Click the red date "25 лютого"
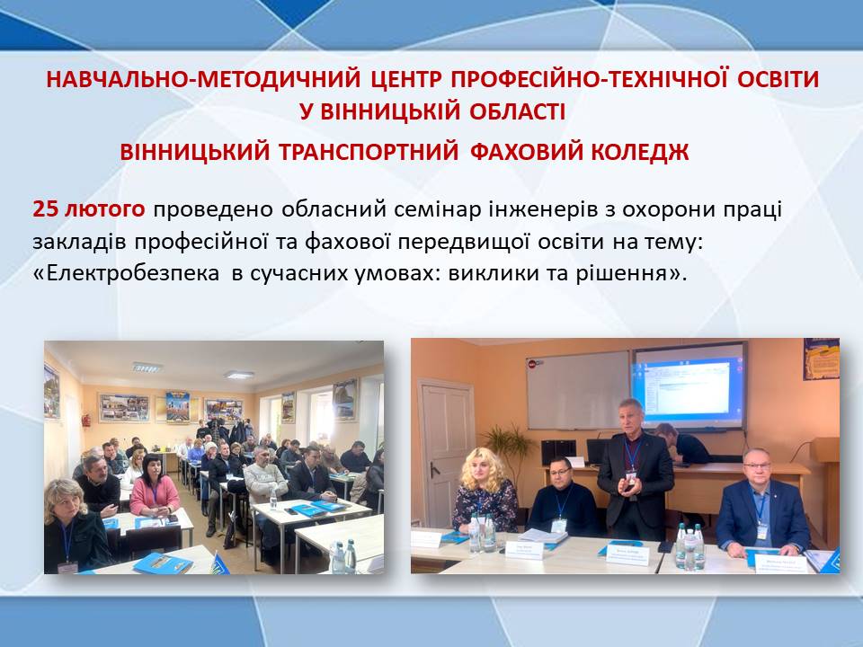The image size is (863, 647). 89,209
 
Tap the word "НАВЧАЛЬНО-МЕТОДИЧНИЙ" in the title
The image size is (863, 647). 203,79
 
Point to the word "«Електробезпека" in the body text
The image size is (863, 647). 126,273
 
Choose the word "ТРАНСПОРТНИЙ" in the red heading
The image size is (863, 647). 369,152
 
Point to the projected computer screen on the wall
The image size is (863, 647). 690,386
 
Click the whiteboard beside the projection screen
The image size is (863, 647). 578,390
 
